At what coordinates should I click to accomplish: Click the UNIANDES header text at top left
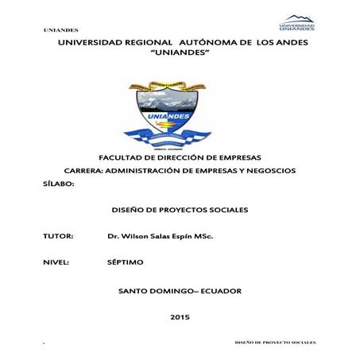pyautogui.click(x=60, y=30)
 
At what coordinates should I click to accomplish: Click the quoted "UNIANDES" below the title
pyautogui.click(x=180, y=52)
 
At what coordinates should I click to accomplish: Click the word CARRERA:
pyautogui.click(x=83, y=171)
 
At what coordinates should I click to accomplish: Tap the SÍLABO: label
pyautogui.click(x=57, y=184)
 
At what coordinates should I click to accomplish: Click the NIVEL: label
pyautogui.click(x=56, y=262)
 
